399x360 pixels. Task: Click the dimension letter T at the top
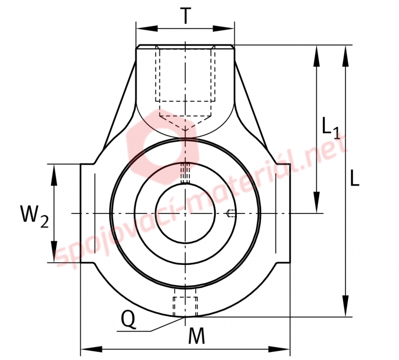click(x=185, y=15)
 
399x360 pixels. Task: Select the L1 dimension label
click(x=331, y=128)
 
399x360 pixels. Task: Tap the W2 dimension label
click(x=34, y=217)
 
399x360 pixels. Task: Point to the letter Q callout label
click(x=129, y=319)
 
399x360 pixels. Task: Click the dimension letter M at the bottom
click(x=197, y=335)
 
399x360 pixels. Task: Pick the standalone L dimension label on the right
click(x=355, y=178)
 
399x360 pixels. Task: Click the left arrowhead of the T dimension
click(x=147, y=28)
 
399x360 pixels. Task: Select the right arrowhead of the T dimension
click(x=223, y=28)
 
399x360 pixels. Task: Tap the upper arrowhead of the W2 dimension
click(x=54, y=175)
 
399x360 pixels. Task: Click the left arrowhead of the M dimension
click(x=91, y=349)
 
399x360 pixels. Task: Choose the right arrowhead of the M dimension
click(x=279, y=349)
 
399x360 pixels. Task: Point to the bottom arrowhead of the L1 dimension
click(x=317, y=203)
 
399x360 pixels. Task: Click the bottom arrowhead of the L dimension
click(x=345, y=306)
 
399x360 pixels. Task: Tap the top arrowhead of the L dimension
click(x=345, y=56)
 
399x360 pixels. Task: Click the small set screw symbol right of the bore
click(x=231, y=213)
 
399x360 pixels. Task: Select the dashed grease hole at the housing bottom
click(x=185, y=303)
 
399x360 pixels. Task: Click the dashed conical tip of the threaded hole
click(x=185, y=123)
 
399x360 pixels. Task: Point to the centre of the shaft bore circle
click(x=185, y=213)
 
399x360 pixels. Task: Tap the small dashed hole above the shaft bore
click(x=185, y=173)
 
